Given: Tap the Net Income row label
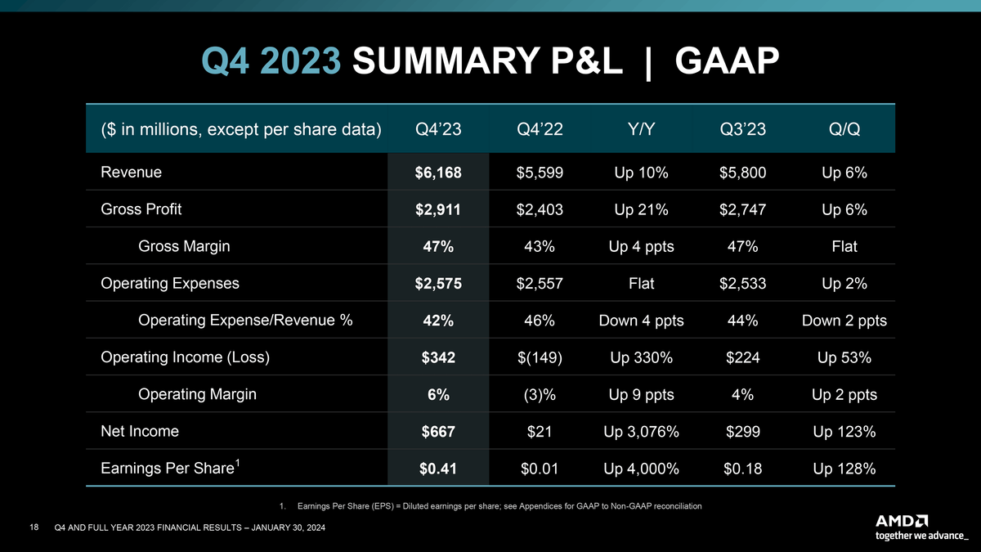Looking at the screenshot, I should (140, 431).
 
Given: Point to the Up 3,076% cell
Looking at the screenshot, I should (642, 432).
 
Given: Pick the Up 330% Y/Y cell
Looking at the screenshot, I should (642, 358).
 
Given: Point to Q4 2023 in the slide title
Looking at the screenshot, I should (271, 61).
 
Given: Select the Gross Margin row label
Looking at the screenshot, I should (184, 246).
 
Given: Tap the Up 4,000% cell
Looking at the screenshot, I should (642, 469).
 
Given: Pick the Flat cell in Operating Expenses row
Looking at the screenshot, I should (642, 284).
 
